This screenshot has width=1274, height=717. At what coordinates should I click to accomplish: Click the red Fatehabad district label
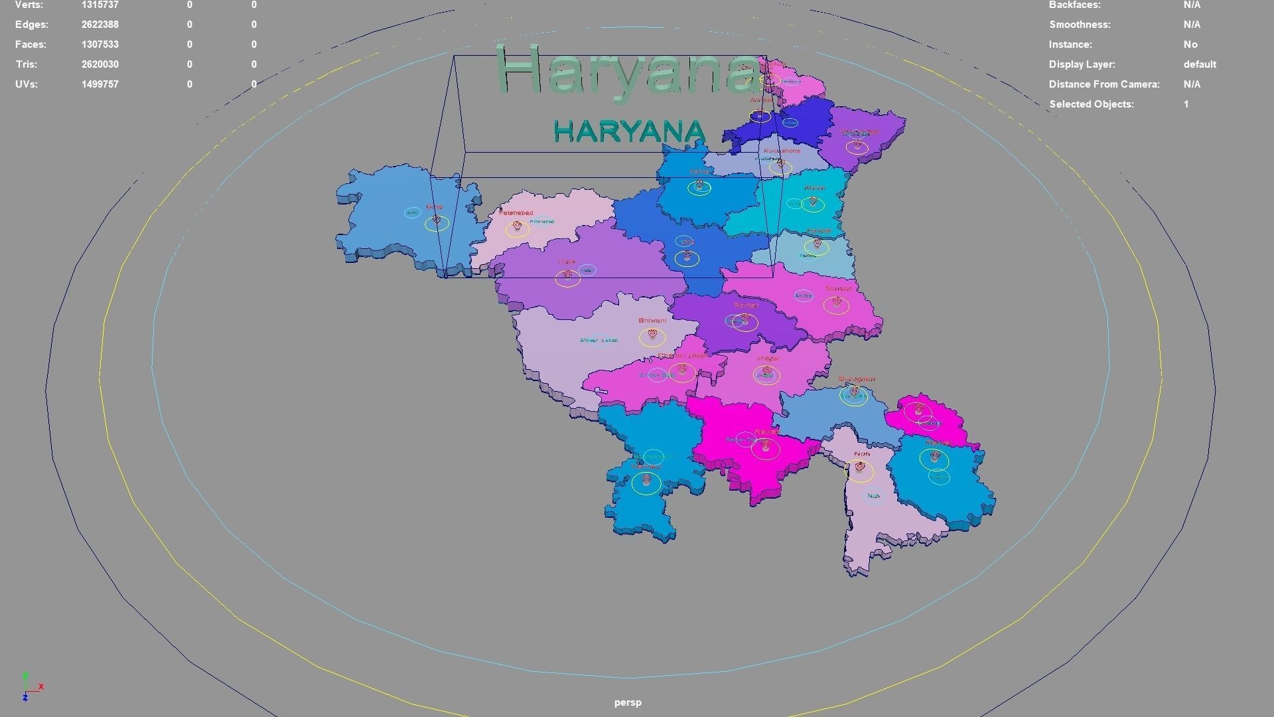coord(516,213)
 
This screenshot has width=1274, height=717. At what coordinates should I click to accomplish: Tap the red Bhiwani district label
coord(652,321)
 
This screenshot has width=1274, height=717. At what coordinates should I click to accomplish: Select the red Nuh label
coord(862,454)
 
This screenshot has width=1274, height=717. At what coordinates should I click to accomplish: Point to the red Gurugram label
coord(857,379)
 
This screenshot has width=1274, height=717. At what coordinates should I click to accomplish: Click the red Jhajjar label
coord(768,358)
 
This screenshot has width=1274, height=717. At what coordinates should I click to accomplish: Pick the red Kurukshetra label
coord(782,151)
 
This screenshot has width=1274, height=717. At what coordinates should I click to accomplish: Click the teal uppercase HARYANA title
coord(628,131)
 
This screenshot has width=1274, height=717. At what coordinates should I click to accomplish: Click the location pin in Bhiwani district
coord(653,334)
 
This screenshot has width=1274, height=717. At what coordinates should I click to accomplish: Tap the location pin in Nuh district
coord(860,467)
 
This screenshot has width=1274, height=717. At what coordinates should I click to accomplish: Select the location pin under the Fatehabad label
coord(518,226)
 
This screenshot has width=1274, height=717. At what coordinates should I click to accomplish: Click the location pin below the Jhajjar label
coord(767,371)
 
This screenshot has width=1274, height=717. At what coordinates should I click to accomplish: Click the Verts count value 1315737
coord(100,5)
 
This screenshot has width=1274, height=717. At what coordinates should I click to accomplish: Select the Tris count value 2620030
coord(100,64)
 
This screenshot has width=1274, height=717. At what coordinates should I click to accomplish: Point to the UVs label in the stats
coord(26,84)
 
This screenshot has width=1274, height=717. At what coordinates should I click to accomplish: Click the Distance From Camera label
coord(1104,84)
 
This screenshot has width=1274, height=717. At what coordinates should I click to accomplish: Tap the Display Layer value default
coord(1200,64)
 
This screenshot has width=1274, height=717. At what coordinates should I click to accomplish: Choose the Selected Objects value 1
coord(1186,104)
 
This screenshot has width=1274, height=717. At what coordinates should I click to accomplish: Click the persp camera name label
coord(628,702)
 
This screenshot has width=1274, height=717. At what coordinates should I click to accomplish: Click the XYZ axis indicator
coord(31,688)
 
